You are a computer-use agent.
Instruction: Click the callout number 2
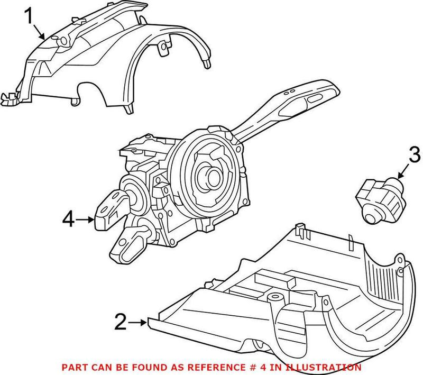point(121,321)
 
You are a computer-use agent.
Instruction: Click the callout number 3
point(414,156)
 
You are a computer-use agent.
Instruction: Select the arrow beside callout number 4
point(86,218)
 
